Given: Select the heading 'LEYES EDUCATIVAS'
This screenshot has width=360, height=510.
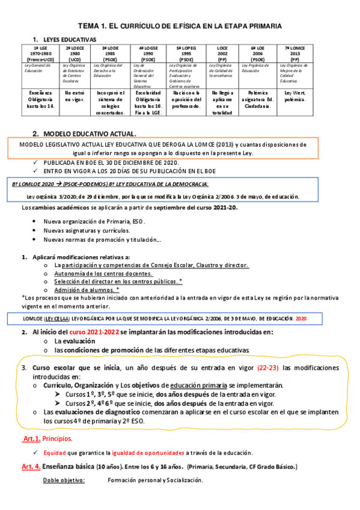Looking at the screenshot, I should tap(70, 38).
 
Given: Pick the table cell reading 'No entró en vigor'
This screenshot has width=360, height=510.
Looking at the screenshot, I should tap(75, 96).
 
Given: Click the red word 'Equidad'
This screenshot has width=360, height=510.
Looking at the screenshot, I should tap(54, 453).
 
